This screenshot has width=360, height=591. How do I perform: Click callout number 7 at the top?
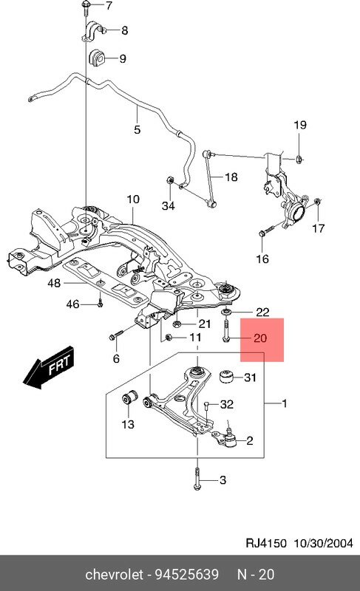(x=109, y=7)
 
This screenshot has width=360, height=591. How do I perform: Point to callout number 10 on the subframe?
(x=133, y=199)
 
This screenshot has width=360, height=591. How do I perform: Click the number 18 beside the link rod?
(x=231, y=177)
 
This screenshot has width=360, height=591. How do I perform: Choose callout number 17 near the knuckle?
(x=318, y=229)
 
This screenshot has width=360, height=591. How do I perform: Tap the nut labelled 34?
(x=170, y=180)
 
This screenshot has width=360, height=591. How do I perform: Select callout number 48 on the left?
(x=55, y=283)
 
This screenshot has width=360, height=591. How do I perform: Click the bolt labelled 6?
(x=112, y=336)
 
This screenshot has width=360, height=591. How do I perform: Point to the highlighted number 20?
(x=259, y=339)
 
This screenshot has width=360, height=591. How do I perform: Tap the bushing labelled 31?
(x=228, y=378)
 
